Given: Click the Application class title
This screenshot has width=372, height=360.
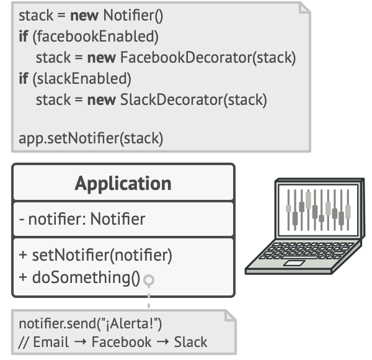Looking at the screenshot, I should (123, 184).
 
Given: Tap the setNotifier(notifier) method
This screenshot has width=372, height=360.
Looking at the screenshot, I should (95, 254).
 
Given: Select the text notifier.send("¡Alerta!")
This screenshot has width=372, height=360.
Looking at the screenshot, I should (91, 323).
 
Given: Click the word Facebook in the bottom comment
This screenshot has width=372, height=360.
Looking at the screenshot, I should (121, 342).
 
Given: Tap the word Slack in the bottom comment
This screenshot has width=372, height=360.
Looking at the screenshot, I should (190, 342).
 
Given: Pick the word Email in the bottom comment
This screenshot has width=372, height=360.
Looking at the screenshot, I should (51, 342).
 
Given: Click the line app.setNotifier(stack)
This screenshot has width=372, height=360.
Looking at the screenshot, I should (91, 138).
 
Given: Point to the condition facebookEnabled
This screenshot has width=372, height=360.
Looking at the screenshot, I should (97, 37).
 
